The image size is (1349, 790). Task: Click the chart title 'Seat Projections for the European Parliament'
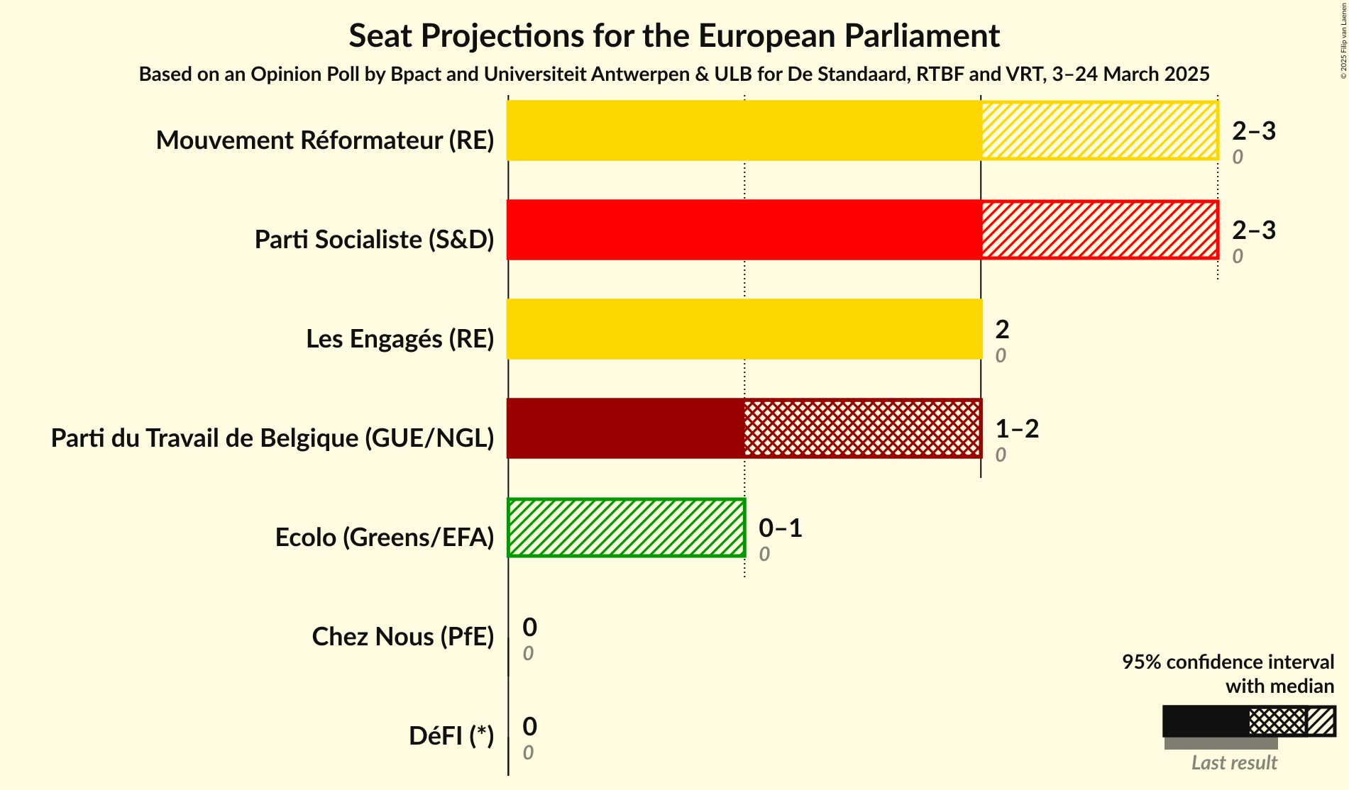673,36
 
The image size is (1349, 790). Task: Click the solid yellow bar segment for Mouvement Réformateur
744,130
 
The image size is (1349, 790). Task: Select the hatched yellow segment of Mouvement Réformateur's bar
1099,130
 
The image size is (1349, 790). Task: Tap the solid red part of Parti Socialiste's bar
744,230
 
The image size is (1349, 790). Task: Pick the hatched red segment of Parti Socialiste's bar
1099,230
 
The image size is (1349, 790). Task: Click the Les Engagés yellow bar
744,329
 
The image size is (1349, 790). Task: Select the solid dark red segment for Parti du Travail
625,428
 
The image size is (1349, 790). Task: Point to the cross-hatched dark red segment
862,428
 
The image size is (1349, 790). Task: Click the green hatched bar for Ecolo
626,528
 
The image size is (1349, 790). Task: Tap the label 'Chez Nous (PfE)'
402,637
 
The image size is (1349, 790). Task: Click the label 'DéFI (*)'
451,736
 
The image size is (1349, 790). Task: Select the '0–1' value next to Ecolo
780,528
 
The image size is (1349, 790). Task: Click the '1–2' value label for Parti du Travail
1016,429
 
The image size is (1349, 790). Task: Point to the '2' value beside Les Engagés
1001,330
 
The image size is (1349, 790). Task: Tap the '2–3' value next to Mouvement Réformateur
1253,131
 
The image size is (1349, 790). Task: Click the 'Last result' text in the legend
1233,763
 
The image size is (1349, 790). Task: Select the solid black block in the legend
1205,721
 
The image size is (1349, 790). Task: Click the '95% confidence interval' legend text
1227,662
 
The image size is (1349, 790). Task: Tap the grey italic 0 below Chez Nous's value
528,654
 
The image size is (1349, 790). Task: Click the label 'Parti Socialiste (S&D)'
374,240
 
